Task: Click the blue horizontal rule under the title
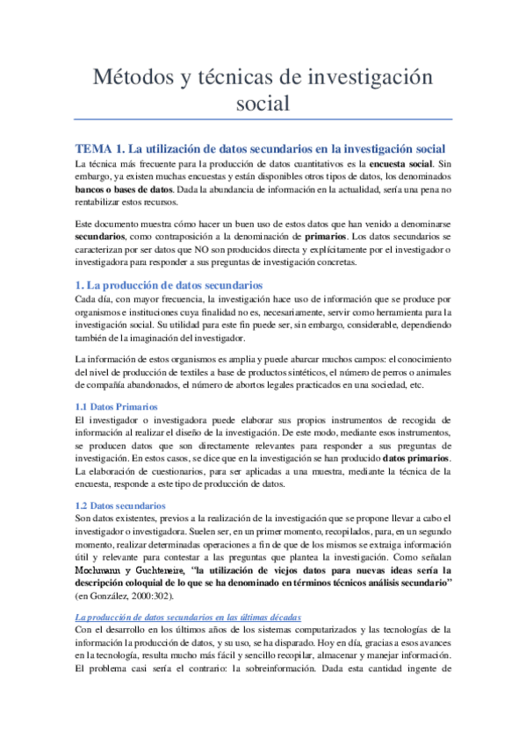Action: pos(263,120)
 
